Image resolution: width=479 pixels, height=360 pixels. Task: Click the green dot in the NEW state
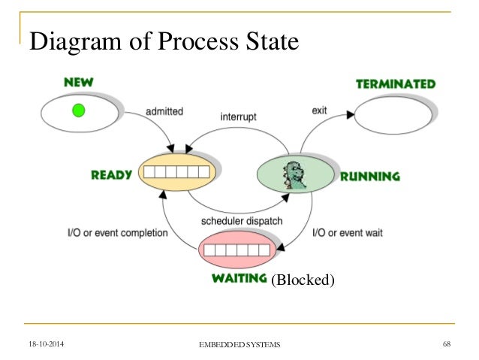coord(78,111)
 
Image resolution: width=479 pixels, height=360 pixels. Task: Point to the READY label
coord(111,175)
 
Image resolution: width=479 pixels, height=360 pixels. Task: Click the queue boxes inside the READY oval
coord(178,173)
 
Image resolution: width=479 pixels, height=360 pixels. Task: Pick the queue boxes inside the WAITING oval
coord(237,250)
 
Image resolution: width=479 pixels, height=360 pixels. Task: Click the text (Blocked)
coord(303,280)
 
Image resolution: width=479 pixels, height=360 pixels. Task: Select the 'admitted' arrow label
coord(164,111)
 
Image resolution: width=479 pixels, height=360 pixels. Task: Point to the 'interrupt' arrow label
coord(239,118)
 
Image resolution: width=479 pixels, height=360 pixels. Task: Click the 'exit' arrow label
coord(319,111)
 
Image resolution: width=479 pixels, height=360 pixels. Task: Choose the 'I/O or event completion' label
coord(117,233)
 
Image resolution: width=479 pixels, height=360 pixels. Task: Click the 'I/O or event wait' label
coord(347,233)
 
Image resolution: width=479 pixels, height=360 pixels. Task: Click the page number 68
coord(446,343)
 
